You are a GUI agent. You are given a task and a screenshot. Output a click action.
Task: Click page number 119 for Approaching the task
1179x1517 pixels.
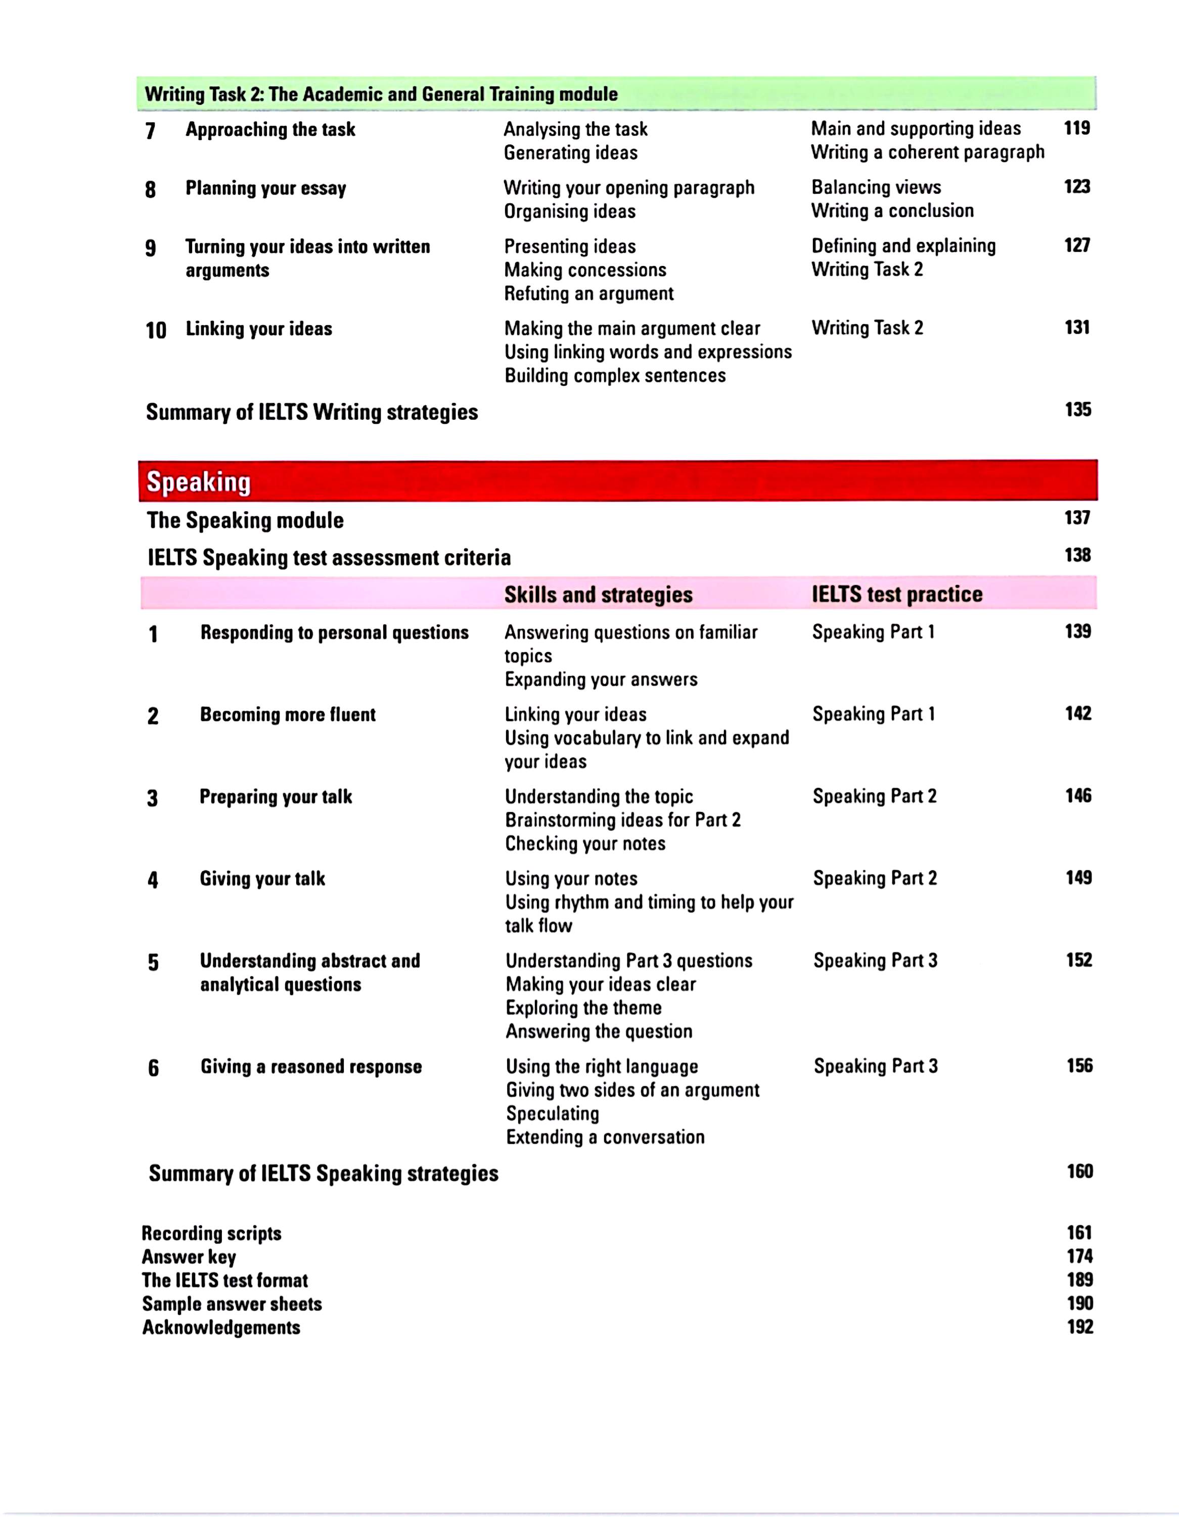click(x=1076, y=128)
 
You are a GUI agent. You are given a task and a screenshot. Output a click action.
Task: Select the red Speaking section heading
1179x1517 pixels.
click(x=199, y=481)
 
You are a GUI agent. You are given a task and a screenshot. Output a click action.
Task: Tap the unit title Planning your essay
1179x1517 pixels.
click(x=265, y=188)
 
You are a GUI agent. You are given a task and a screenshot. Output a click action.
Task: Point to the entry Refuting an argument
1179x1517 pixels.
click(x=588, y=294)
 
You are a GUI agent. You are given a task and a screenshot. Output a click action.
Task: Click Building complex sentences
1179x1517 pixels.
click(x=614, y=376)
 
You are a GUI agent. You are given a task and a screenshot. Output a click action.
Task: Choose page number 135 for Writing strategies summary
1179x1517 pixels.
click(x=1077, y=410)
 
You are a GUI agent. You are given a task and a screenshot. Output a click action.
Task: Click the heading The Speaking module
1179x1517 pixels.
click(x=245, y=520)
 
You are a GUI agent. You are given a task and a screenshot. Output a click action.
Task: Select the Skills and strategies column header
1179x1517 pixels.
click(x=598, y=595)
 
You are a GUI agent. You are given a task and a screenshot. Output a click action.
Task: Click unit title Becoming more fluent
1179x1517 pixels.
click(x=288, y=715)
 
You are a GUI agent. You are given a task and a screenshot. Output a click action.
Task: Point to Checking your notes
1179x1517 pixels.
click(x=584, y=844)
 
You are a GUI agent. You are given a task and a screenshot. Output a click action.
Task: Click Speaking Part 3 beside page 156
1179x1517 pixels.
click(x=876, y=1066)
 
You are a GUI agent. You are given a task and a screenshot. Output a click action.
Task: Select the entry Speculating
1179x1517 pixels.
click(x=552, y=1113)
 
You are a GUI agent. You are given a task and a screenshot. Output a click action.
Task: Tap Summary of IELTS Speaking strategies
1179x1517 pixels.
click(x=324, y=1174)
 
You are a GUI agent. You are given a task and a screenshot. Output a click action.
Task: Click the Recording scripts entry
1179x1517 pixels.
click(x=212, y=1234)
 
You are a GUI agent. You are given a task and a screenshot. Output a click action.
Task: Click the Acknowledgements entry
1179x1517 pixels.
click(x=221, y=1327)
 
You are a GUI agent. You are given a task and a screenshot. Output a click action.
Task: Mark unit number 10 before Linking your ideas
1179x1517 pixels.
click(x=156, y=330)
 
